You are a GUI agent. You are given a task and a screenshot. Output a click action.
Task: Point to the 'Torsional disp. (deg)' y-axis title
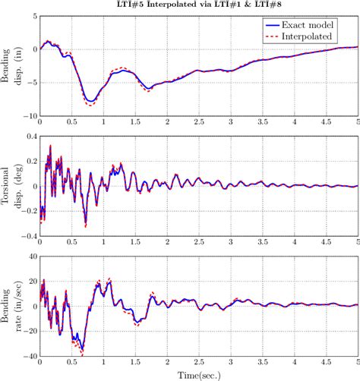14,186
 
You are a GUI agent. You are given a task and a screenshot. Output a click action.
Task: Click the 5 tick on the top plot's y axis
31,15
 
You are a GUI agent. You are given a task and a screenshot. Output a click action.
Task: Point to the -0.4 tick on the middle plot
27,237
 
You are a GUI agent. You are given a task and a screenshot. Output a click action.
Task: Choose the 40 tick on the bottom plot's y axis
30,257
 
